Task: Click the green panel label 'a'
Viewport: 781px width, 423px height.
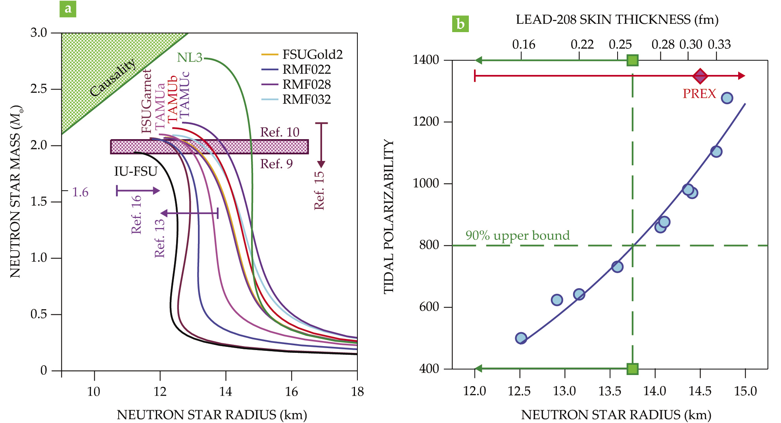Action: (x=68, y=9)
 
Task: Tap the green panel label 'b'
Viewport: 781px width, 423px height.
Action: (x=460, y=24)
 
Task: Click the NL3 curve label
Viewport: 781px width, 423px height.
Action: (x=190, y=58)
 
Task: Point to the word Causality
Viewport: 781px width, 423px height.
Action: (x=113, y=78)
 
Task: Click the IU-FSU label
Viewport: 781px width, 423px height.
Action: (x=136, y=171)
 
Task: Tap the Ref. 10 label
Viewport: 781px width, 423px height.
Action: (x=280, y=132)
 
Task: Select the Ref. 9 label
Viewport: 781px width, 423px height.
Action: (x=276, y=164)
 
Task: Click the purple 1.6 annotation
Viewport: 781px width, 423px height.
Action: (x=80, y=192)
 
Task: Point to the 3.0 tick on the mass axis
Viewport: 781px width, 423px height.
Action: (x=39, y=33)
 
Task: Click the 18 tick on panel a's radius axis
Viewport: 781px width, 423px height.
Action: (x=357, y=392)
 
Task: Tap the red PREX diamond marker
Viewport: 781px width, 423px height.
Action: (x=700, y=76)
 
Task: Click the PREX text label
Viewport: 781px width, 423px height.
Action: (x=699, y=94)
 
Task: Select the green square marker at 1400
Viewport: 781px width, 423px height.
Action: (x=633, y=60)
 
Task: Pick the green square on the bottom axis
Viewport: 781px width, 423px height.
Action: (x=633, y=369)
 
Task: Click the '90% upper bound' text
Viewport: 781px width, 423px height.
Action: (x=518, y=235)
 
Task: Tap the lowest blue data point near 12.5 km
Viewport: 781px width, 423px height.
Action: (x=521, y=338)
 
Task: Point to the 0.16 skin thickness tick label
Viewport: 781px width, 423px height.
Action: (x=524, y=44)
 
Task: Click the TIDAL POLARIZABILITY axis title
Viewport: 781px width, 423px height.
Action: (x=389, y=216)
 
